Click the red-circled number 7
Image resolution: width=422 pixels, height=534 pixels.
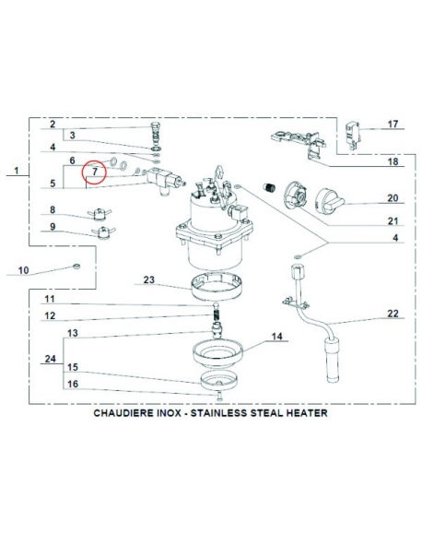[x=95, y=172]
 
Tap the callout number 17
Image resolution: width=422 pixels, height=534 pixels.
[x=393, y=124]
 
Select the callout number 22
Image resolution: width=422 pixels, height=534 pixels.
[x=393, y=314]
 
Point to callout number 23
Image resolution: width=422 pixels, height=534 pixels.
[x=149, y=279]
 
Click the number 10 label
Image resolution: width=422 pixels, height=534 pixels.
[x=23, y=270]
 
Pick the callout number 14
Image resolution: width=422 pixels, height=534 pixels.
[x=277, y=337]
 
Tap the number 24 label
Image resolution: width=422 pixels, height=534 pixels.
[x=51, y=359]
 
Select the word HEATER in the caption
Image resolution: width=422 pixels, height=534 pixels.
[x=307, y=413]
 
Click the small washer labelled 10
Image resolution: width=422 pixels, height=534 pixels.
[x=76, y=266]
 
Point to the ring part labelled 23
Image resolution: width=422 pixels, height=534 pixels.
[x=217, y=287]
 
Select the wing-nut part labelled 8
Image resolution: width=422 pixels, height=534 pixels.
[x=100, y=214]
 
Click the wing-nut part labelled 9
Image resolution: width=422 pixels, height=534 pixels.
[x=103, y=232]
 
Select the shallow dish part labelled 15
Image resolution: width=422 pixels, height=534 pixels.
[x=218, y=379]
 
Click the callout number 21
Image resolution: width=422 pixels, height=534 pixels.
[x=393, y=221]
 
